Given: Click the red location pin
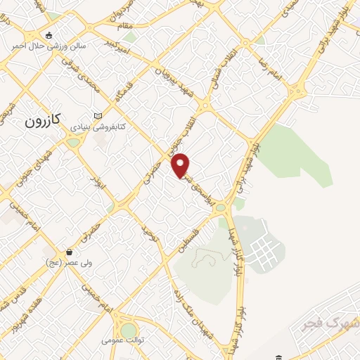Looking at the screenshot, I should pyautogui.click(x=181, y=165).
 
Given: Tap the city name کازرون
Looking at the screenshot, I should pyautogui.click(x=46, y=121).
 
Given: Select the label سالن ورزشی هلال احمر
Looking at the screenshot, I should pyautogui.click(x=46, y=47).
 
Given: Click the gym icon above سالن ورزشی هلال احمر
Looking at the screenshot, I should pyautogui.click(x=48, y=35).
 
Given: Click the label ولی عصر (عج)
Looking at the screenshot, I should pyautogui.click(x=63, y=263).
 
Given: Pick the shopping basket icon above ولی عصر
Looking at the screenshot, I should pyautogui.click(x=69, y=251).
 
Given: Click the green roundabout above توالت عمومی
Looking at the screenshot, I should pyautogui.click(x=128, y=329).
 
